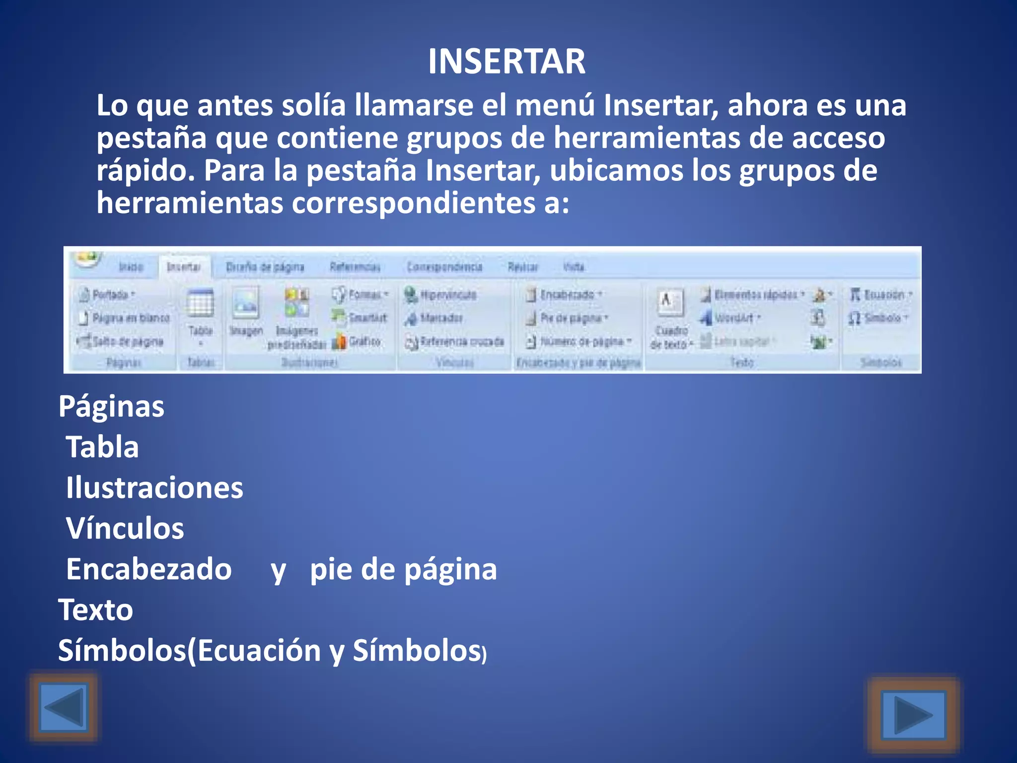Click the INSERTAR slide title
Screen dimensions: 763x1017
point(507,62)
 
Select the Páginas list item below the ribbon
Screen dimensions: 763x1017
point(111,406)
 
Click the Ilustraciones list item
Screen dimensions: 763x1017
point(154,487)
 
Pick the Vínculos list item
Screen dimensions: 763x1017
point(125,528)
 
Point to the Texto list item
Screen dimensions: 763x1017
point(96,610)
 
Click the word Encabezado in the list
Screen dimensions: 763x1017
point(149,569)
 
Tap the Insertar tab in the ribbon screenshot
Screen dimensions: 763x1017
point(184,267)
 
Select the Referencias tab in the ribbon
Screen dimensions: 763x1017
point(355,267)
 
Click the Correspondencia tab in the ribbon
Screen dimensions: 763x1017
point(444,267)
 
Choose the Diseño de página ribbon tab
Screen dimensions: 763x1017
point(265,267)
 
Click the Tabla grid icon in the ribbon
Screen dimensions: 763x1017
point(200,304)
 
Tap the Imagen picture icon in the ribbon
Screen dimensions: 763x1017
point(246,304)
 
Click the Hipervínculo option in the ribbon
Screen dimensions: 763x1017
point(441,295)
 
